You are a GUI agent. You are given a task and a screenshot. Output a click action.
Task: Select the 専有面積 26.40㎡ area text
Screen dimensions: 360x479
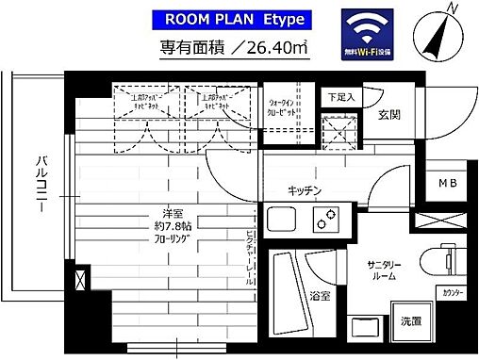point(232,47)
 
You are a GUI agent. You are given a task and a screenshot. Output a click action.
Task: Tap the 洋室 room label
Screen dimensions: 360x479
point(144,213)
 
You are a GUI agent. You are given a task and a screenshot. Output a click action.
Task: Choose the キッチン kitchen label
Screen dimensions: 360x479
point(307,191)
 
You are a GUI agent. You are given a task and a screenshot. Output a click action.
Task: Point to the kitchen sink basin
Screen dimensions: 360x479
point(283,222)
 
